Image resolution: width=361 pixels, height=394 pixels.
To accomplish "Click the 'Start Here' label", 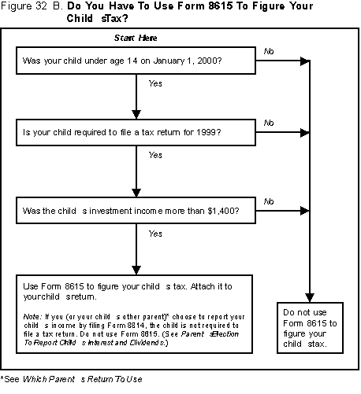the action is point(136,38).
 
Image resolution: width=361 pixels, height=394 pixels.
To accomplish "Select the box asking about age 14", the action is point(136,61).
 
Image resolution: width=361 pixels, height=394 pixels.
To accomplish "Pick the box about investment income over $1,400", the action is point(136,211).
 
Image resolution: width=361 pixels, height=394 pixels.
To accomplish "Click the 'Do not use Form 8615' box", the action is point(310,328).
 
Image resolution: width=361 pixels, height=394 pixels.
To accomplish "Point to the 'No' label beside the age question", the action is point(269,51).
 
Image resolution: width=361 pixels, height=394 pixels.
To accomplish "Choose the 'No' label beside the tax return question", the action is point(269,123).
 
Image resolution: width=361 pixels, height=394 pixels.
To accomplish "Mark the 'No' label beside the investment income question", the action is point(269,201).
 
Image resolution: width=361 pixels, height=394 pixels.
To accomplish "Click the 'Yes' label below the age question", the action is point(155,83).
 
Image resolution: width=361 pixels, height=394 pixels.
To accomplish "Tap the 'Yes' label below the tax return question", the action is point(155,155).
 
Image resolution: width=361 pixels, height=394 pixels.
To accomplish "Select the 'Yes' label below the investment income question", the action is point(155,234).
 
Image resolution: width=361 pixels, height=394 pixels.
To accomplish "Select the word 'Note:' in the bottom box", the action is point(32,317).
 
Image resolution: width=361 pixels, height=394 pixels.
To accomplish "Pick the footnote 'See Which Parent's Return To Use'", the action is point(72,379).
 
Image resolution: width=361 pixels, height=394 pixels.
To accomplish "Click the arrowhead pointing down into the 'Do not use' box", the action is point(310,297).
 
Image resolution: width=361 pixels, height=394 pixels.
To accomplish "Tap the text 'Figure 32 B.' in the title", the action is point(32,6).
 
